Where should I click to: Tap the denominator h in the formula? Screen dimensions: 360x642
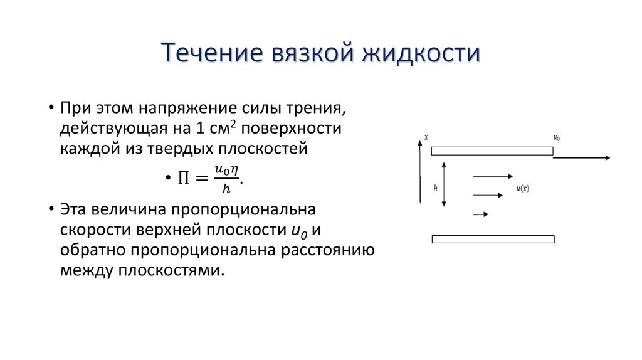click(x=226, y=189)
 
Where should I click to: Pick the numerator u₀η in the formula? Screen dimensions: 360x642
click(x=226, y=169)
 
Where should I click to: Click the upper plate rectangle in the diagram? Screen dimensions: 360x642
click(x=492, y=151)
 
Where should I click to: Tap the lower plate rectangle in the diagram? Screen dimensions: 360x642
click(x=493, y=239)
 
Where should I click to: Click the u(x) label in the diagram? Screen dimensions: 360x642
click(x=523, y=188)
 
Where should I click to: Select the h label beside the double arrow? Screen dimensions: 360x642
click(x=435, y=188)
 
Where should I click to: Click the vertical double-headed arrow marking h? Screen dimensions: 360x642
click(x=444, y=184)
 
